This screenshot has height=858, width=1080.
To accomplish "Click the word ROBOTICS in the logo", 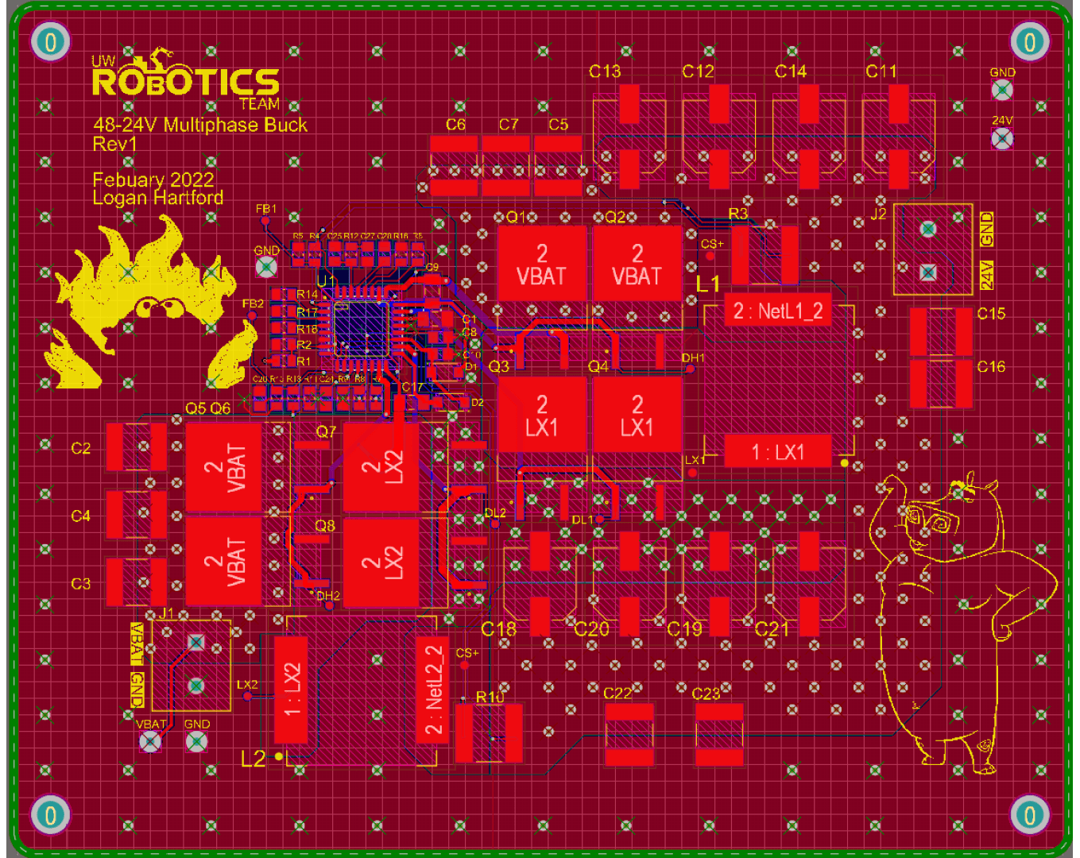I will [x=186, y=82].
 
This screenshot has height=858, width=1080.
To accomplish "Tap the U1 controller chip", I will [x=361, y=327].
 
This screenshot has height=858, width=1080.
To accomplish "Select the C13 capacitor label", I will [x=605, y=71].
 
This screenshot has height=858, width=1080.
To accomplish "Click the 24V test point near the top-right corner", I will [x=1002, y=139].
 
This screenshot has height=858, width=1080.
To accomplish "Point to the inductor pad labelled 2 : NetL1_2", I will [x=778, y=311].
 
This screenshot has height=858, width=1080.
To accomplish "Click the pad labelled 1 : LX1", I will [x=778, y=452].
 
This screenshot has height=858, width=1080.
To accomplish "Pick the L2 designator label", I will [x=253, y=759].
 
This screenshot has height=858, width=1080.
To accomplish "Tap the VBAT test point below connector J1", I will [x=150, y=742].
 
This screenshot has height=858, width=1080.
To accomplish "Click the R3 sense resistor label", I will [x=737, y=214].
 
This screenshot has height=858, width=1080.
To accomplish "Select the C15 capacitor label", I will [x=991, y=314].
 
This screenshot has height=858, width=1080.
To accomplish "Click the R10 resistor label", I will [x=490, y=697].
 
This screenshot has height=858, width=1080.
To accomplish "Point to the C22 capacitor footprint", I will [x=629, y=734].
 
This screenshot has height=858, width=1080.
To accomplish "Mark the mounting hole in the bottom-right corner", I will [x=1029, y=815].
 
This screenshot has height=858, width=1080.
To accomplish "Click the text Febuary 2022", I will [x=153, y=180].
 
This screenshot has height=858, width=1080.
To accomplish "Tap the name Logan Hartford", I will [x=157, y=198].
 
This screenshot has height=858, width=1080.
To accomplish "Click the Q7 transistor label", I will [x=326, y=431].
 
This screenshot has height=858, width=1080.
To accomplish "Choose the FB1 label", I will [x=266, y=209].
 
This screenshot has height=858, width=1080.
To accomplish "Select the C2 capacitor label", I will [x=81, y=448].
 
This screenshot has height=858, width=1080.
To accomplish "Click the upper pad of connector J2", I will [x=927, y=230].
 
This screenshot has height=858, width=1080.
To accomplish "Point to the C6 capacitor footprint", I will [x=454, y=166].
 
